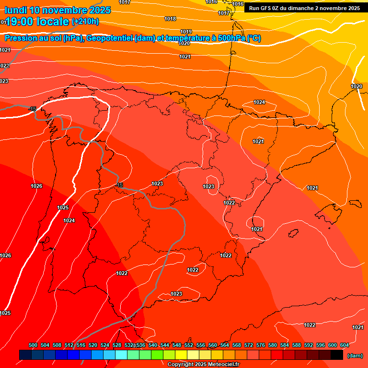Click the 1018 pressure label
(x=170, y=19)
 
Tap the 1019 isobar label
(x=186, y=32)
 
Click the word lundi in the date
(x=15, y=10)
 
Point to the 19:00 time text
(x=23, y=22)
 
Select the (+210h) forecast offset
(x=85, y=22)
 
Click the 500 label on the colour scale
(x=33, y=345)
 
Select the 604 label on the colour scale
(x=344, y=345)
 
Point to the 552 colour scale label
(x=189, y=345)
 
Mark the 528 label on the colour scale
(x=117, y=345)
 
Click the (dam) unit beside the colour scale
(x=355, y=356)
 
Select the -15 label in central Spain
(x=119, y=185)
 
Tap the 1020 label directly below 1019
(x=184, y=43)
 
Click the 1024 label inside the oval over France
(x=259, y=102)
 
